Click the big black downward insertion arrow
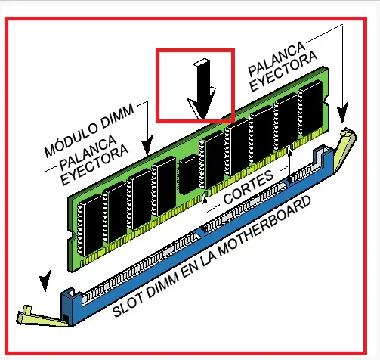click(x=202, y=89)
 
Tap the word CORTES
click(x=248, y=187)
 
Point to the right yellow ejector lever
click(x=344, y=149)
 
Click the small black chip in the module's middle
click(x=189, y=174)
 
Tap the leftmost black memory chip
click(x=90, y=225)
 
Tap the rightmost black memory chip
click(x=310, y=109)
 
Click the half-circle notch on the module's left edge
click(x=73, y=237)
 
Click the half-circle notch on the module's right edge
click(x=326, y=101)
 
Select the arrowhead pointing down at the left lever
click(x=45, y=281)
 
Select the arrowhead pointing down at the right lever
click(x=342, y=113)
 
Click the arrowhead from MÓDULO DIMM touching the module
click(x=147, y=144)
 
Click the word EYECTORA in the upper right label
click(x=283, y=73)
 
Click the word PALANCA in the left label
click(x=88, y=153)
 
